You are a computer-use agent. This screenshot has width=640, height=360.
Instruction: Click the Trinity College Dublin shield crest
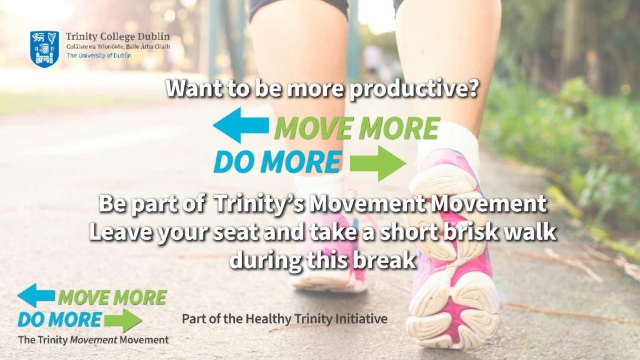coord(44,48)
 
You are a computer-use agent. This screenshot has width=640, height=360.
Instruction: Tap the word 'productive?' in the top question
coord(414,89)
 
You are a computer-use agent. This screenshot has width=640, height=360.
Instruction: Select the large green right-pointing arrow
coord(377,164)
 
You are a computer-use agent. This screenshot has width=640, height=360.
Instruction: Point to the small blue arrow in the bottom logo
coord(36,295)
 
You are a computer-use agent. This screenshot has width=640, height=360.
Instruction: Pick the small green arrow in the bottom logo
coord(123,320)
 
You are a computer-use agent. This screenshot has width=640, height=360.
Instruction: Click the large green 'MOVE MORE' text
coord(356,129)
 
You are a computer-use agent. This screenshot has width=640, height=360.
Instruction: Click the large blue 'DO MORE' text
coord(277,162)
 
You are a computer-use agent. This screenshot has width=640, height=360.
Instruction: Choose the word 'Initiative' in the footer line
coord(363,319)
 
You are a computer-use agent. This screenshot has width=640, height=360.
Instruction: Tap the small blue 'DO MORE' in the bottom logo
coord(59,319)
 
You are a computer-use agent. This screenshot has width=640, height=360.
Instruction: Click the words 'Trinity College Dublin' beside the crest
coord(117,36)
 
